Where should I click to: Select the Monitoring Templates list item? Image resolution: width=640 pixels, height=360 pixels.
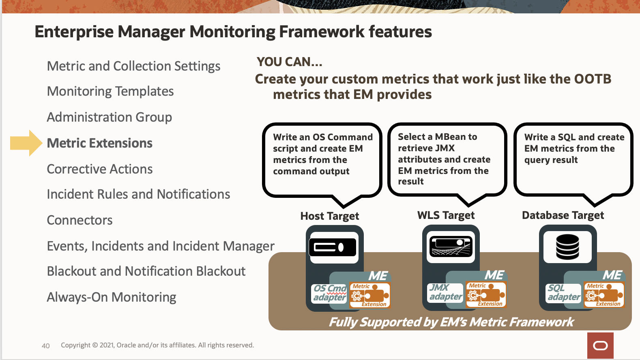pyautogui.click(x=110, y=91)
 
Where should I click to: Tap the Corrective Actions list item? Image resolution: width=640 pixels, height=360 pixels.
pyautogui.click(x=100, y=169)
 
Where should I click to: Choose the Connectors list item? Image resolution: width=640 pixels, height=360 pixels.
pyautogui.click(x=80, y=220)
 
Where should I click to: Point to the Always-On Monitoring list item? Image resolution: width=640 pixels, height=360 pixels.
pyautogui.click(x=112, y=297)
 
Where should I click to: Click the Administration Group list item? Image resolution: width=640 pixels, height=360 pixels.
pyautogui.click(x=110, y=117)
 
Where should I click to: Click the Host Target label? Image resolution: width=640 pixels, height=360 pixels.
pyautogui.click(x=330, y=216)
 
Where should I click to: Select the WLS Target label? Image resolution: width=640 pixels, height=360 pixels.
pyautogui.click(x=446, y=215)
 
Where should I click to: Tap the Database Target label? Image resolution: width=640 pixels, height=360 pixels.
pyautogui.click(x=563, y=215)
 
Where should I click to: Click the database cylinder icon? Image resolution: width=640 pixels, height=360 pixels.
pyautogui.click(x=567, y=247)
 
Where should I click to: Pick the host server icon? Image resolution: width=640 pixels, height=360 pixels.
pyautogui.click(x=333, y=247)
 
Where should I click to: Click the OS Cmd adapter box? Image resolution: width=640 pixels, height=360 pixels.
pyautogui.click(x=330, y=293)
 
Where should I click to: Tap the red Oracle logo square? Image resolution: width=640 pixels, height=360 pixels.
pyautogui.click(x=600, y=345)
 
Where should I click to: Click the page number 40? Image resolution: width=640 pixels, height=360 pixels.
pyautogui.click(x=46, y=346)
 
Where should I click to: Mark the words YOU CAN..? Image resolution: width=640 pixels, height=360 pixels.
pyautogui.click(x=289, y=62)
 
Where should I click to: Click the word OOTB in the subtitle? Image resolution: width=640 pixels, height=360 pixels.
pyautogui.click(x=593, y=79)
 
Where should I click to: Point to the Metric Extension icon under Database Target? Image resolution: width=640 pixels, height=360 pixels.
pyautogui.click(x=604, y=295)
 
